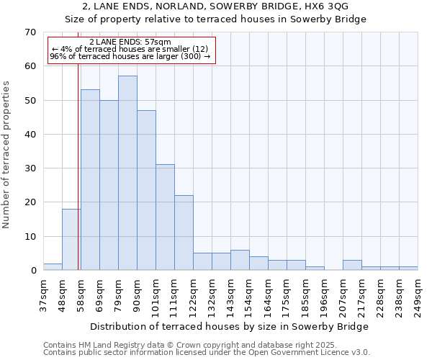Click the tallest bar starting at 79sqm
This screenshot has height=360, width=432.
click(127, 173)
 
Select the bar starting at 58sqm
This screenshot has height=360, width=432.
click(90, 180)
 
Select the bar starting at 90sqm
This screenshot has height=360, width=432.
click(146, 190)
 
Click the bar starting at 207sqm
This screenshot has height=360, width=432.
click(352, 266)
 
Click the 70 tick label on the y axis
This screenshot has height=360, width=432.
click(30, 32)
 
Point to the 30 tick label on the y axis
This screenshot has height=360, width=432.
click(30, 168)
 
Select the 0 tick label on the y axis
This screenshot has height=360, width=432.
click(32, 271)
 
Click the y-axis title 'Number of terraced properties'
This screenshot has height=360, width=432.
click(6, 155)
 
